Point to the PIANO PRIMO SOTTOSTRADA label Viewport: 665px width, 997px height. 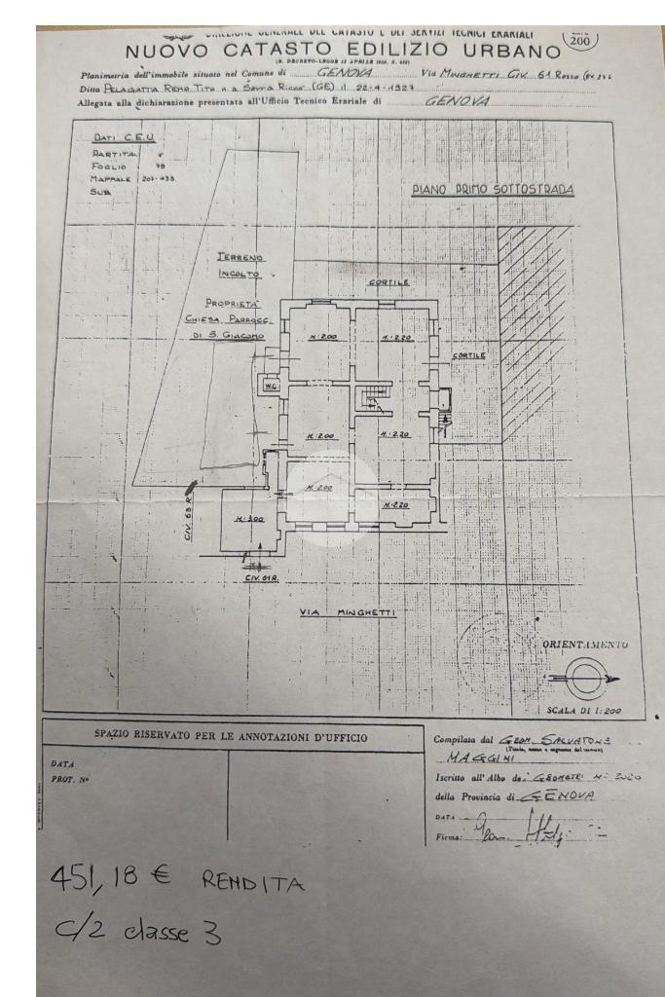pyautogui.click(x=492, y=190)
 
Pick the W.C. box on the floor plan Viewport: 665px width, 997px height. pyautogui.click(x=269, y=384)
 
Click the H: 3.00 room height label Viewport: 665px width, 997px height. pyautogui.click(x=248, y=519)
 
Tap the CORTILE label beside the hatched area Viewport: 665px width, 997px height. pyautogui.click(x=470, y=355)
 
